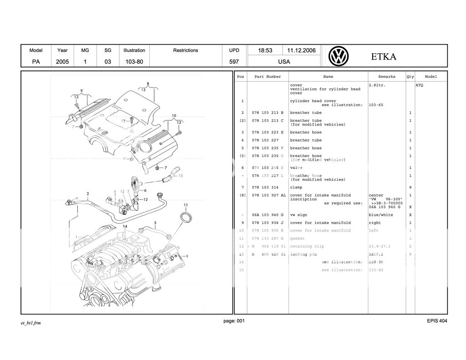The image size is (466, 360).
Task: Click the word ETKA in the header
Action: coord(383,57)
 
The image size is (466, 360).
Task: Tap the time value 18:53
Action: coord(265,51)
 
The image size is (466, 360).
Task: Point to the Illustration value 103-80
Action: coord(134,62)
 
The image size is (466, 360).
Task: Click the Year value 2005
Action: coord(62,62)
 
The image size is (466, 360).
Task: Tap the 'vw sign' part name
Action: coord(298,215)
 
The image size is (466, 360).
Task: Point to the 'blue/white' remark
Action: coord(380,215)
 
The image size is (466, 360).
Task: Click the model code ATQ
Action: coord(419,85)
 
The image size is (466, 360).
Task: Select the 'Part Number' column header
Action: coord(268,77)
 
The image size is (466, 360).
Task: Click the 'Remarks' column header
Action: coord(386,77)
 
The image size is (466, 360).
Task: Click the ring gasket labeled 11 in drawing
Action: coord(186,218)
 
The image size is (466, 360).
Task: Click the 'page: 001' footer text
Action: coord(234,321)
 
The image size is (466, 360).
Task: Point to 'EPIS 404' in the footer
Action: coord(437,321)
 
